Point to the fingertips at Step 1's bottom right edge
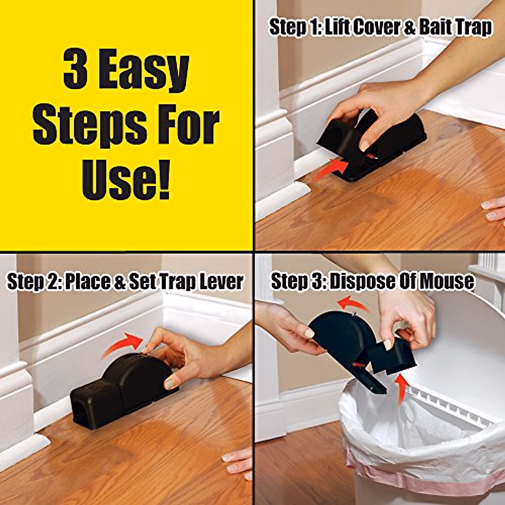click(493, 210)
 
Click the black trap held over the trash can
click(349, 341)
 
